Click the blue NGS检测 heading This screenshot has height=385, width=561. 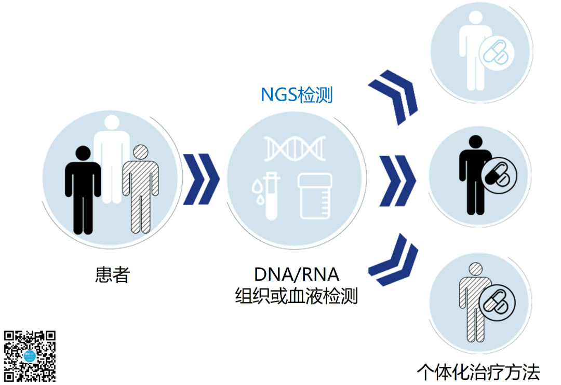[297, 95]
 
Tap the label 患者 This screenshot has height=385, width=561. [112, 274]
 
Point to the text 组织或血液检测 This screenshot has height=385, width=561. [297, 296]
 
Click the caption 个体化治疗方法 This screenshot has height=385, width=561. [478, 372]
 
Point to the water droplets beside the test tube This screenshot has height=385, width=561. [256, 188]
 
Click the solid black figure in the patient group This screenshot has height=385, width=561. [83, 189]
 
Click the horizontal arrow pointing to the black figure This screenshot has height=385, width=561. [398, 180]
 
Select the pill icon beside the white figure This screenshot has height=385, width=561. [496, 52]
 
